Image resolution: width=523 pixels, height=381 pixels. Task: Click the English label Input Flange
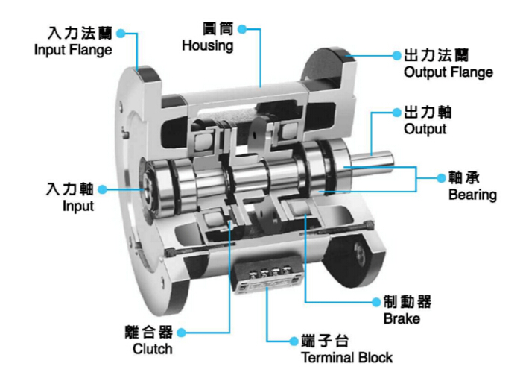tap(74, 51)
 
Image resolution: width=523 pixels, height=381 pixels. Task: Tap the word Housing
tap(208, 45)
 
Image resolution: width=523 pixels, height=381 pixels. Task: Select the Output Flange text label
tap(448, 72)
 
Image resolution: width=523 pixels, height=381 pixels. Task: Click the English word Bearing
tap(472, 195)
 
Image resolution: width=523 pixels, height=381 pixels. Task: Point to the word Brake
tap(402, 319)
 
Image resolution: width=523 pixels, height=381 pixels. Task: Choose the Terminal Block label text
tap(346, 357)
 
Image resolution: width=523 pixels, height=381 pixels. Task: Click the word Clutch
tap(152, 348)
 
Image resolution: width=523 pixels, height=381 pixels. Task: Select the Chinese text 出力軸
tap(427, 113)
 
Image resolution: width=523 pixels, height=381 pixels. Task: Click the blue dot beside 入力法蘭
tap(121, 34)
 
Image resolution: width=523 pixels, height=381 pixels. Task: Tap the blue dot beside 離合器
tap(180, 333)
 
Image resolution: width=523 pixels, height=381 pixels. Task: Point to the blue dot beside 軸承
tap(439, 179)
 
